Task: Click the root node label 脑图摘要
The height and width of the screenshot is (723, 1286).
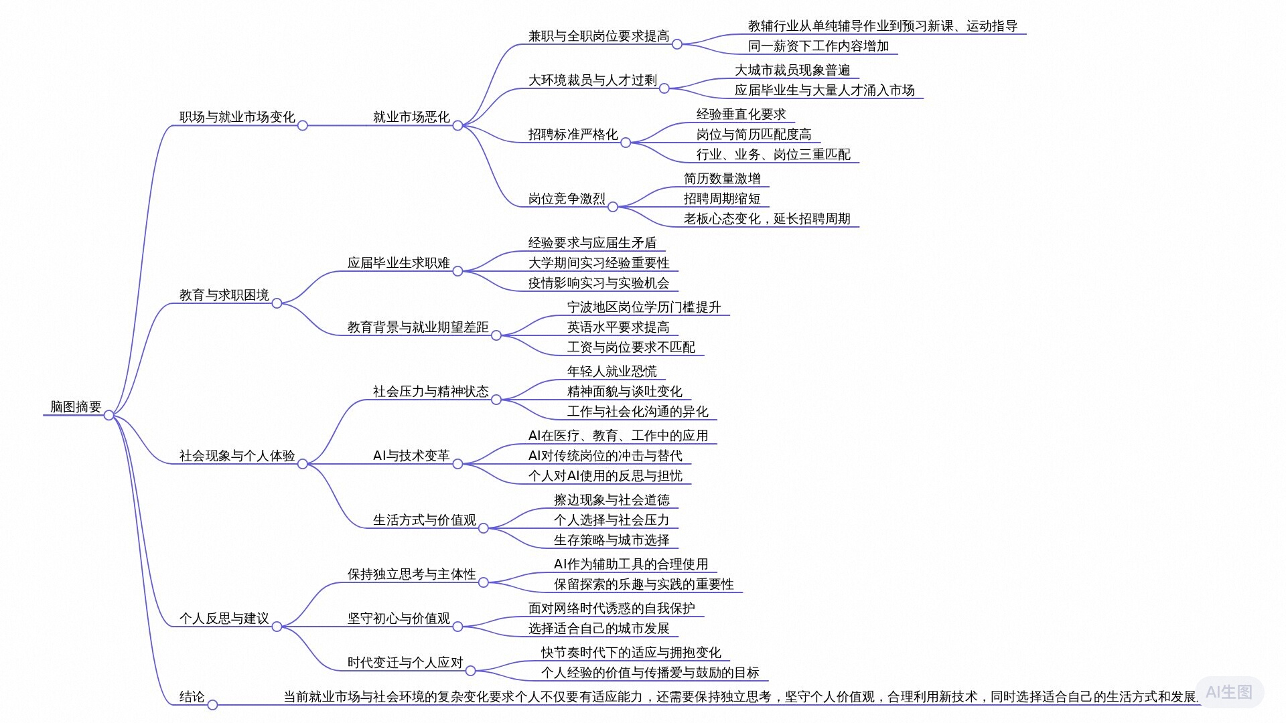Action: coord(76,406)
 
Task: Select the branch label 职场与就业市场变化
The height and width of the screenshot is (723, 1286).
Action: coord(237,117)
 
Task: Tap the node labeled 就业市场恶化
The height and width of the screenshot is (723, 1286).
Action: coord(411,117)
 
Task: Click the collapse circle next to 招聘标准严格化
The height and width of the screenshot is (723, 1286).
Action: coord(626,143)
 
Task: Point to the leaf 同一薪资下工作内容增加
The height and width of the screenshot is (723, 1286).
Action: coord(818,46)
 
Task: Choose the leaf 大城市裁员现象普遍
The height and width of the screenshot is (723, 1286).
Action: coord(792,70)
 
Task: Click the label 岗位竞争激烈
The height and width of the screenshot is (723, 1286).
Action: coord(567,199)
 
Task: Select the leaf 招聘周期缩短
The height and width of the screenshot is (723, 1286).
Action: coord(722,199)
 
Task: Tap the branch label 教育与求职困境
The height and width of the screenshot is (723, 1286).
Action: coord(224,295)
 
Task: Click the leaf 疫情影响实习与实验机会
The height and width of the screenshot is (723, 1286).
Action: coord(599,283)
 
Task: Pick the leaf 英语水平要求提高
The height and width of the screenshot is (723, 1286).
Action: coord(618,327)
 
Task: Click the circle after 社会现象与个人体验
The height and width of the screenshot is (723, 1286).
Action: coord(303,464)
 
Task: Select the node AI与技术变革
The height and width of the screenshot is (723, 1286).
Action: coord(411,456)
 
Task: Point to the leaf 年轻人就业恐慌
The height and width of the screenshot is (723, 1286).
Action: coord(612,372)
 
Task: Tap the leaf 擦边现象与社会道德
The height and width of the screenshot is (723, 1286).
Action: coord(612,500)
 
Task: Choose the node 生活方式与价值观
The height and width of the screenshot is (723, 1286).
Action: coord(425,520)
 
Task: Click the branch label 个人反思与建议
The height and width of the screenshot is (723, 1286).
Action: coord(224,619)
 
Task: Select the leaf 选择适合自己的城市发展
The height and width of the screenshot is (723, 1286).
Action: coord(599,629)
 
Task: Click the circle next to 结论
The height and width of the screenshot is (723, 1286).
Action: coord(212,705)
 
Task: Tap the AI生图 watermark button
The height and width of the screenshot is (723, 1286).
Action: coord(1229,692)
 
